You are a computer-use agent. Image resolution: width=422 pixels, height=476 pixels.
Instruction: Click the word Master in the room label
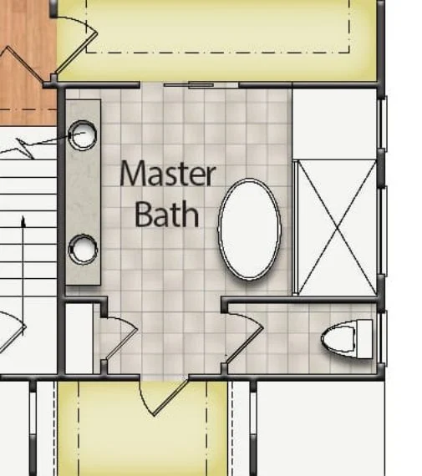(x=167, y=175)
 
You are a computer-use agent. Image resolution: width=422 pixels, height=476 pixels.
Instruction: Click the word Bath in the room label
(x=167, y=214)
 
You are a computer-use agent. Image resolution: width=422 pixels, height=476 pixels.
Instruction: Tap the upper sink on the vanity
(x=83, y=135)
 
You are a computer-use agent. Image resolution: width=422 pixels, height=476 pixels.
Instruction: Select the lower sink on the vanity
(x=83, y=248)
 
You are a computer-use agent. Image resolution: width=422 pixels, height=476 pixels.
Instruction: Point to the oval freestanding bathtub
(x=249, y=229)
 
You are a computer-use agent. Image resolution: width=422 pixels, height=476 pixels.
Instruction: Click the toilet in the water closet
(x=347, y=338)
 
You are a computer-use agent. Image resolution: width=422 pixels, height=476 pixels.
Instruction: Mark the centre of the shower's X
(x=336, y=226)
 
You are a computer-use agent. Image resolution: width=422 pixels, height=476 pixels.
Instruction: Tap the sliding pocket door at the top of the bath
(x=201, y=85)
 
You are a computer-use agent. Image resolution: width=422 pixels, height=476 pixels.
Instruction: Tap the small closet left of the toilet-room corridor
(x=79, y=338)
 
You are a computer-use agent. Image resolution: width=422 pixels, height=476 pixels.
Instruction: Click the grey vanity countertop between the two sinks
(x=83, y=192)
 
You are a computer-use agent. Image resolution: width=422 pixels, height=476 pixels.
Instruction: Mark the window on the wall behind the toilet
(x=383, y=338)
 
